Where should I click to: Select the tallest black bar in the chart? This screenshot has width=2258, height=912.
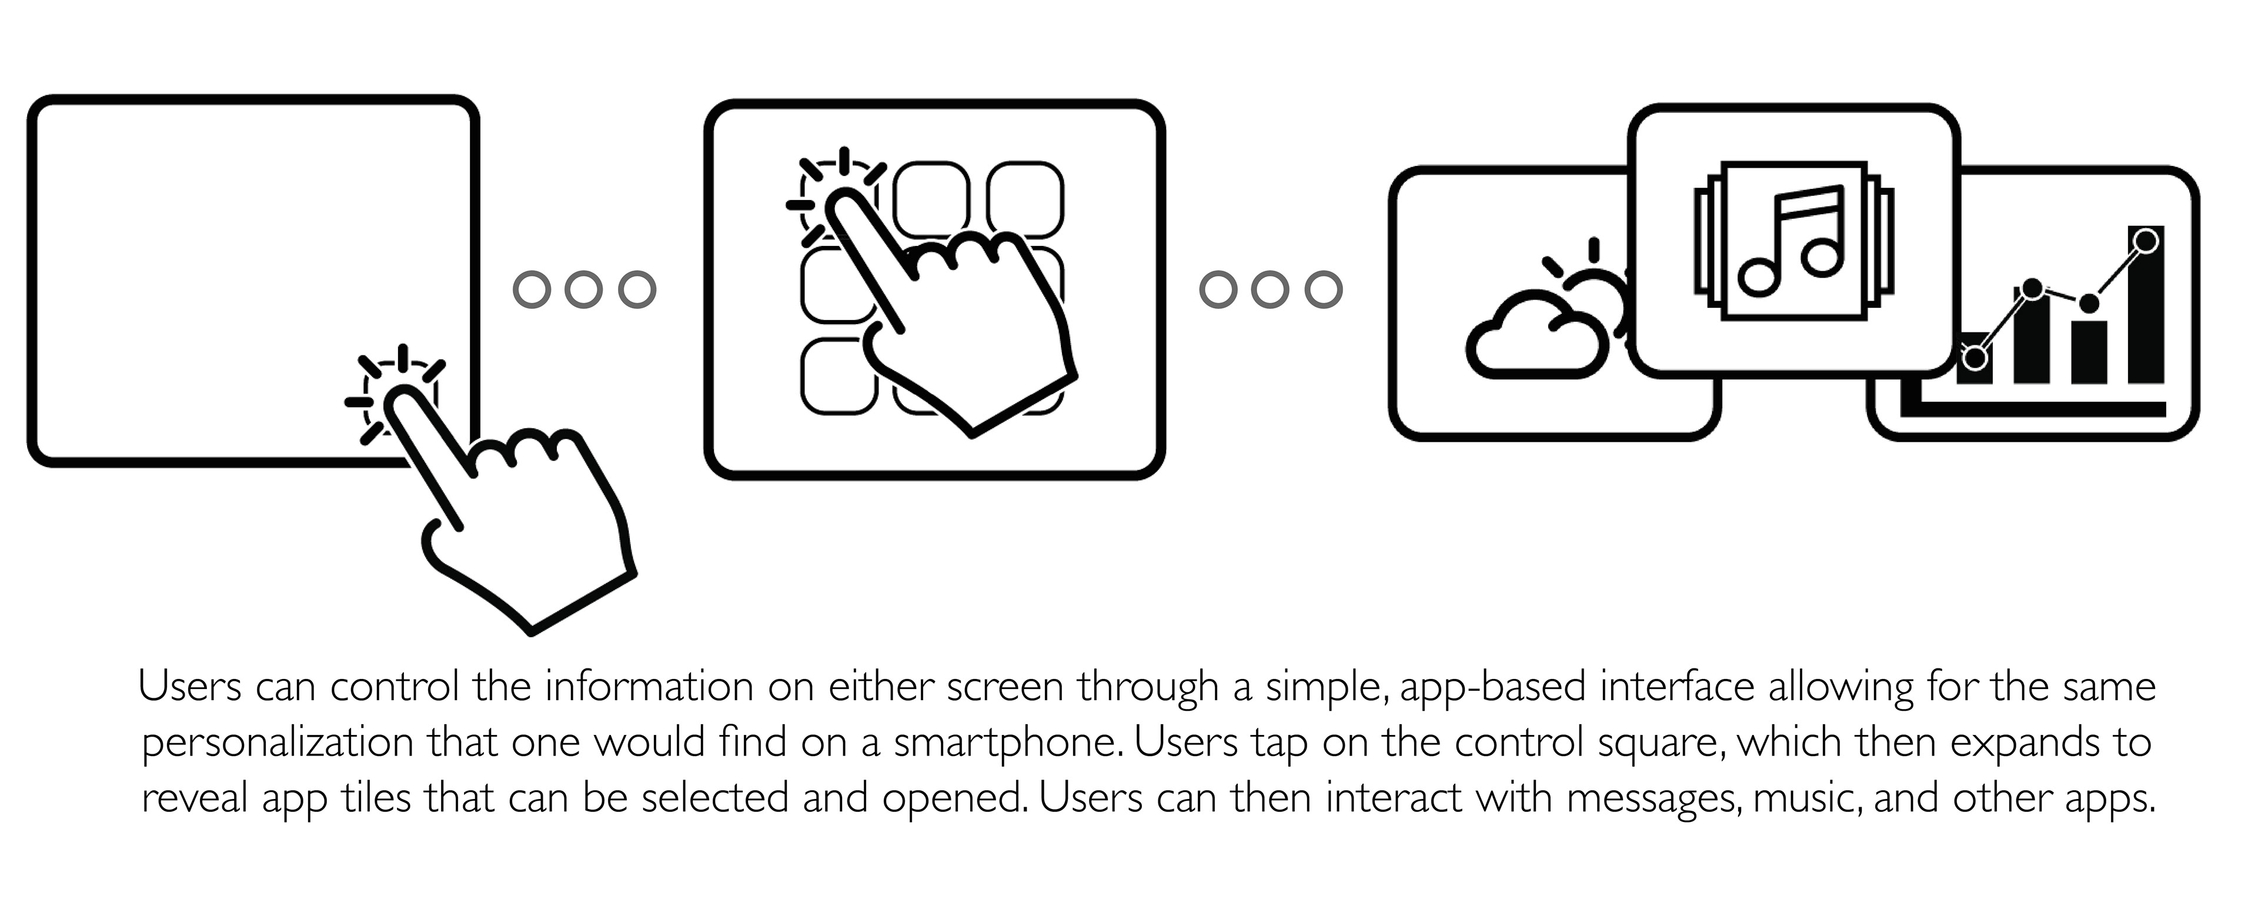2146,307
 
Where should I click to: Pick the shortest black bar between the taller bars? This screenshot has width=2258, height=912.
2089,351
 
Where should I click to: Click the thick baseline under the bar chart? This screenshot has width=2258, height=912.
2042,409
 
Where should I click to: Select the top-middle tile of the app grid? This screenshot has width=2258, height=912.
931,198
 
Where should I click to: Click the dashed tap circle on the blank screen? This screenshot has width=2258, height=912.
400,397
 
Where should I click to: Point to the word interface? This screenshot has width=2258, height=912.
1677,687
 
